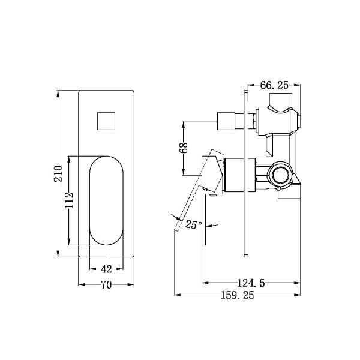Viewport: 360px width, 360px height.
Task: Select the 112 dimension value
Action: pyautogui.click(x=69, y=199)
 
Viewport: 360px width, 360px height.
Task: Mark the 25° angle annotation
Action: pyautogui.click(x=193, y=225)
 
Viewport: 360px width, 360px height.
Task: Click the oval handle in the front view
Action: pyautogui.click(x=107, y=201)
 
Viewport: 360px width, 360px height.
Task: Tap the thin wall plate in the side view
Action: pyautogui.click(x=246, y=174)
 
